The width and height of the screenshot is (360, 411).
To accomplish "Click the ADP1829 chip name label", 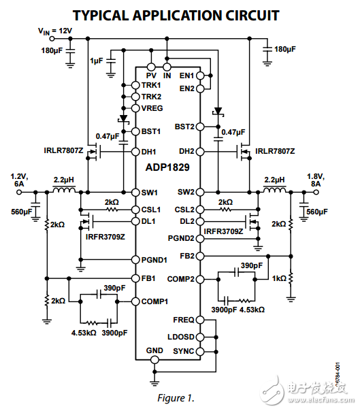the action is tap(167, 167).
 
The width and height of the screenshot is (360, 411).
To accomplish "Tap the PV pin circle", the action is tap(151, 67).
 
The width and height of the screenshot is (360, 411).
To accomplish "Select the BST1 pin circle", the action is tap(135, 131).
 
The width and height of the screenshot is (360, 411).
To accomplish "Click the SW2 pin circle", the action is tap(200, 192).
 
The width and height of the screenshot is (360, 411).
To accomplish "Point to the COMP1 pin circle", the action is tap(135, 301).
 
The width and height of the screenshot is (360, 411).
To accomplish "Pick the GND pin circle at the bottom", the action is tap(154, 360).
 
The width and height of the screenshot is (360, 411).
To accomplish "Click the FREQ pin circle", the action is tap(200, 320).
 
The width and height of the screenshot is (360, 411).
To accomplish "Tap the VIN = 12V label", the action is tap(55, 31).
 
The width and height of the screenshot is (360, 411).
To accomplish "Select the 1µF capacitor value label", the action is tap(97, 61).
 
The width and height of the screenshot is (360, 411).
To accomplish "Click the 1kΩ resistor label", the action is tap(279, 278).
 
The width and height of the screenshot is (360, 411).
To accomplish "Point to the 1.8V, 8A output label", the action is tap(316, 180).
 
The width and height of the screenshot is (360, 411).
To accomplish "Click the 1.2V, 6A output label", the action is tap(19, 180).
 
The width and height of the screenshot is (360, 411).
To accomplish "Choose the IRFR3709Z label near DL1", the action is tap(105, 237).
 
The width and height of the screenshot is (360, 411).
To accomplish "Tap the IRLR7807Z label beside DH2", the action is tap(275, 151).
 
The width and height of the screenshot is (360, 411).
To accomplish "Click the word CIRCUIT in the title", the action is tap(252, 16).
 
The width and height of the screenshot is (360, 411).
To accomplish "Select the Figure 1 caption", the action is tap(176, 398).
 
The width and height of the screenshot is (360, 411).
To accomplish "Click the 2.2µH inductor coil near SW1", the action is tap(64, 190).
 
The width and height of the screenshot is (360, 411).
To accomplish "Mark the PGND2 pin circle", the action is tap(200, 239).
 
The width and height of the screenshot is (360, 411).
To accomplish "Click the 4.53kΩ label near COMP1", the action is tap(84, 333).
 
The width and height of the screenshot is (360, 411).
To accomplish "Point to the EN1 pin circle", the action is tap(200, 76).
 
